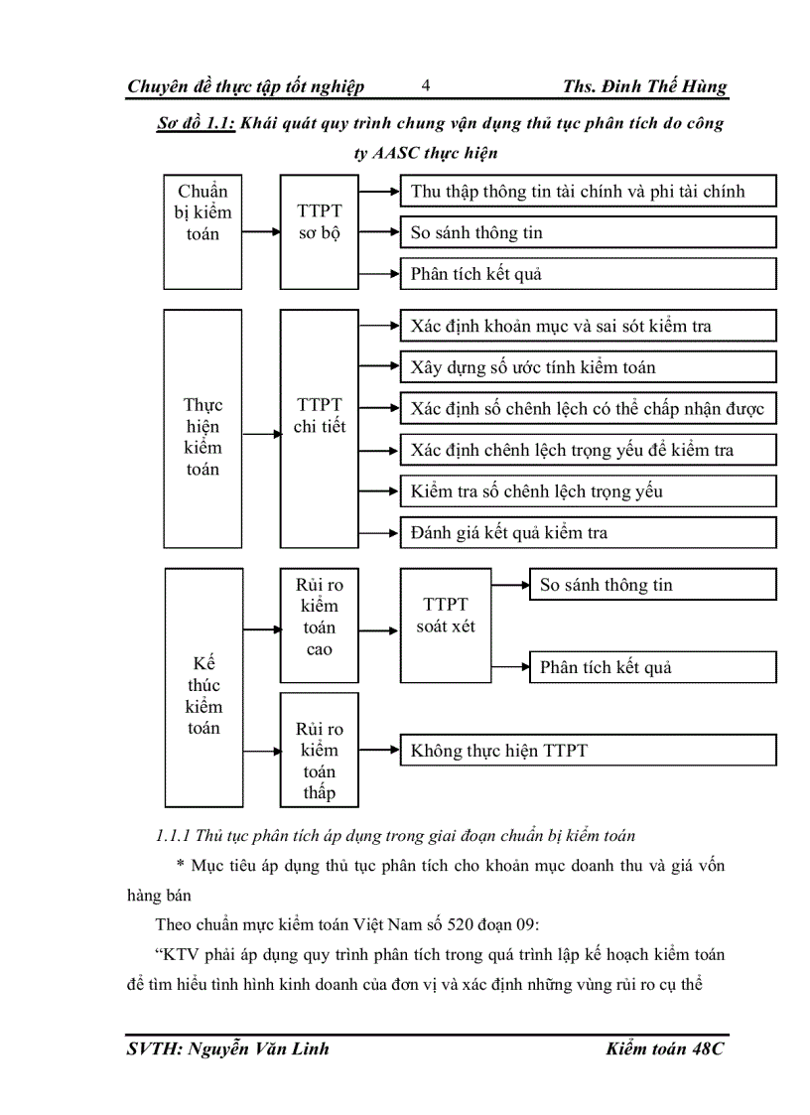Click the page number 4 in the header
(425, 85)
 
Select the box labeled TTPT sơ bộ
(319, 231)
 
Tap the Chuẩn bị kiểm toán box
(202, 231)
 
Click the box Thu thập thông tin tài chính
(588, 192)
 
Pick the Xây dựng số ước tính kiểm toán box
(588, 367)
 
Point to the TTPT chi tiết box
(319, 428)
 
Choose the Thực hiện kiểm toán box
(202, 428)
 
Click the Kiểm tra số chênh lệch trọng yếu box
(588, 491)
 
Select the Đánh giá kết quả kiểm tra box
(588, 533)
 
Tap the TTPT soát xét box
(446, 626)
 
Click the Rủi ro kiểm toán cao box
(319, 626)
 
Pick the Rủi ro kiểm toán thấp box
(319, 750)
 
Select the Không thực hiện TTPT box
(588, 751)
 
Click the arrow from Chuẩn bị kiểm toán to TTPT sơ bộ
(260, 232)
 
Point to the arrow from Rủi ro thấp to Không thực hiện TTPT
(378, 751)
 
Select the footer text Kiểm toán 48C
(665, 1049)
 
